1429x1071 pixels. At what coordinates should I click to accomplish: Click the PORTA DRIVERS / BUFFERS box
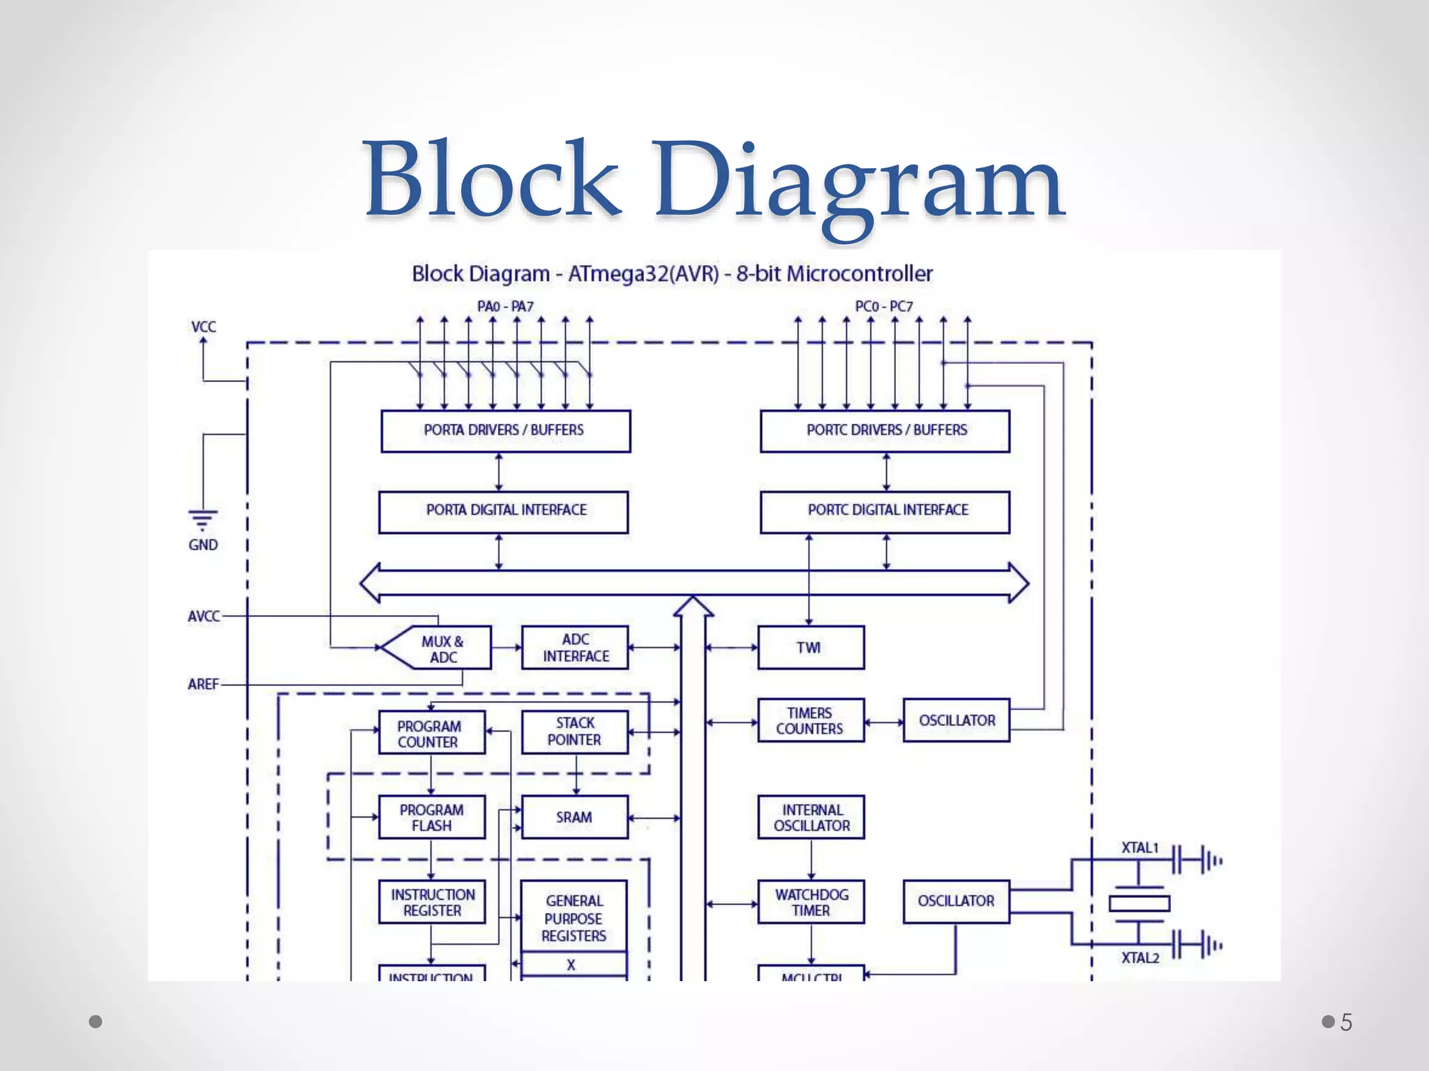click(x=505, y=431)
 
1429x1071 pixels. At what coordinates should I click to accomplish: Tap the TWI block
click(x=810, y=648)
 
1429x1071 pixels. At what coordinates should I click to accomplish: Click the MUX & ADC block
click(x=442, y=648)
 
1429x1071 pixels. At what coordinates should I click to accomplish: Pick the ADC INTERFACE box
click(x=575, y=648)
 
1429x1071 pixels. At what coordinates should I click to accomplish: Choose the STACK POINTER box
click(x=574, y=731)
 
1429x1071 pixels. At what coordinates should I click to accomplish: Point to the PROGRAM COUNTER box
click(x=431, y=733)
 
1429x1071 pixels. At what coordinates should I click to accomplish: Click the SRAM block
click(x=574, y=817)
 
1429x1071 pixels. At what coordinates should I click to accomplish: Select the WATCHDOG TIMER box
click(x=811, y=902)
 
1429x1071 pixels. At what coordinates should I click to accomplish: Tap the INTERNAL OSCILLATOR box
click(x=811, y=817)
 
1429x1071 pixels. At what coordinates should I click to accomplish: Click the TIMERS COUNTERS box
click(x=810, y=720)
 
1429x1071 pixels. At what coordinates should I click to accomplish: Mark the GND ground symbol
click(x=202, y=520)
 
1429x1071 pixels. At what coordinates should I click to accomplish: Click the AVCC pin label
click(x=203, y=616)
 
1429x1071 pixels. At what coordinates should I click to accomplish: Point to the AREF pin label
click(x=203, y=684)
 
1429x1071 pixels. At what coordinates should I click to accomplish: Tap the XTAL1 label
click(x=1139, y=848)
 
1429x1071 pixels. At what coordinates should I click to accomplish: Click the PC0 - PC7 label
click(x=883, y=306)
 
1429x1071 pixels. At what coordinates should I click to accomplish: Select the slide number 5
click(x=1346, y=1022)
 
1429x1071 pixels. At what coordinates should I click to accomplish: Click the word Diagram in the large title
click(x=858, y=181)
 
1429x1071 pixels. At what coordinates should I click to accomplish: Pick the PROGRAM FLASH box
click(x=431, y=817)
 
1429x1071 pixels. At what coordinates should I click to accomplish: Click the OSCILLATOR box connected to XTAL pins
click(x=956, y=902)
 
